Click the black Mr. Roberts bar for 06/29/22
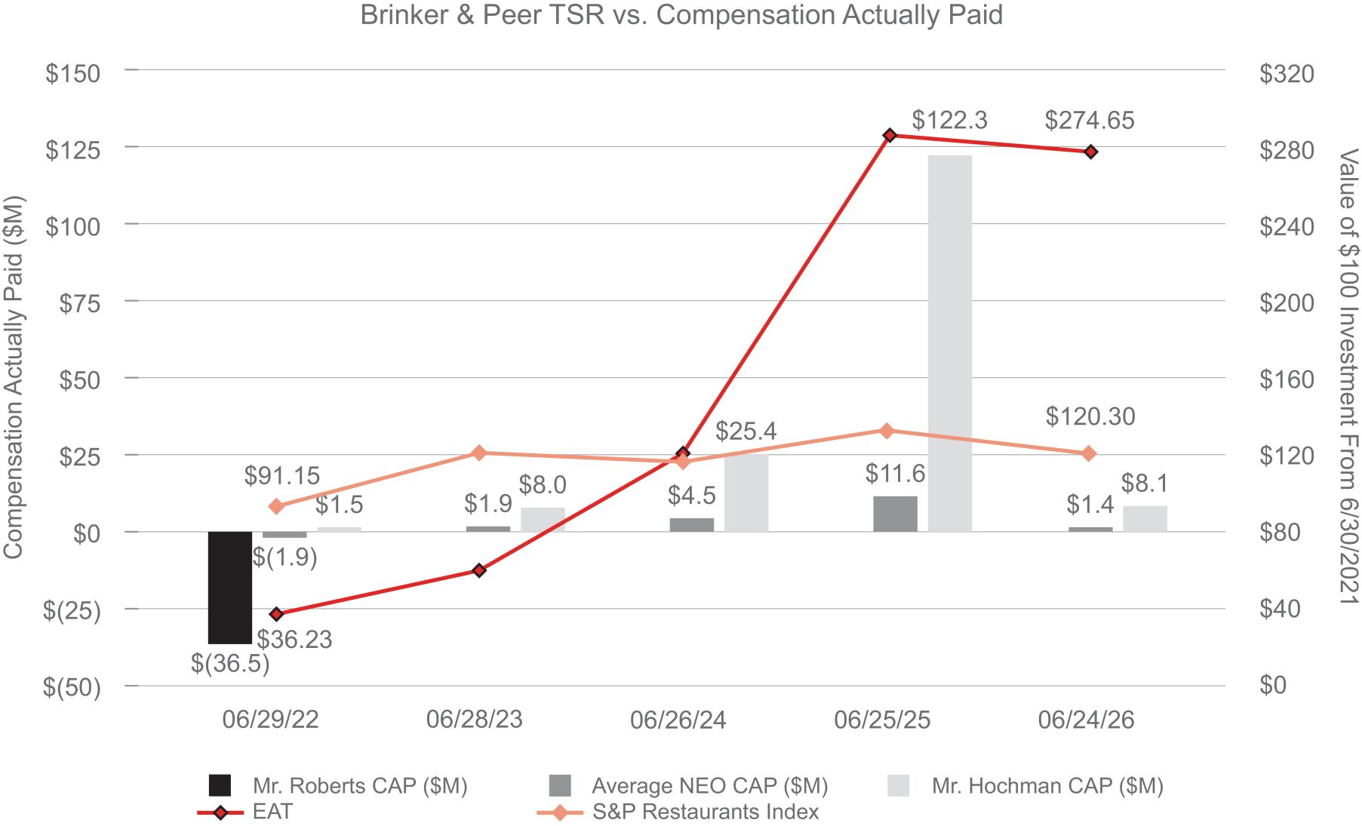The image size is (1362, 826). coord(230,588)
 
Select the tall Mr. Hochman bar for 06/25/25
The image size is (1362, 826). coord(950,343)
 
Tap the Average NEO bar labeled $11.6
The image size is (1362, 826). coord(896,514)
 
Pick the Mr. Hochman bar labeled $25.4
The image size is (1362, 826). coord(746,493)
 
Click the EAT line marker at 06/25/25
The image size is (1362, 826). coord(890,135)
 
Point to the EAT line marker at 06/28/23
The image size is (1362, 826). coord(478,570)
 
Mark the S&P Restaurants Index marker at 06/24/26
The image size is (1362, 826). coord(1088,453)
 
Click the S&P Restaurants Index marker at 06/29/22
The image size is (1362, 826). coord(276,506)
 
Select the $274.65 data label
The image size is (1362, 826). coord(1090,121)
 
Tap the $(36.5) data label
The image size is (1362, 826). coord(230,663)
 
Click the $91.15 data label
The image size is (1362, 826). coord(282,476)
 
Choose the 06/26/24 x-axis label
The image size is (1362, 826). coord(678,720)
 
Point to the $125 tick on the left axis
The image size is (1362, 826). coord(72,150)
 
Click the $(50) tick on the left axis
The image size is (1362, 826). coord(72,686)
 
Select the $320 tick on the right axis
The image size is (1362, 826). coord(1287,74)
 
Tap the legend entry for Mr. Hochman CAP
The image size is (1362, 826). coord(1026,786)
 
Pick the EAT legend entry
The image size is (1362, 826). coord(244,812)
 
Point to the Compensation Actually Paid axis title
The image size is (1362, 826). coord(14,377)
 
